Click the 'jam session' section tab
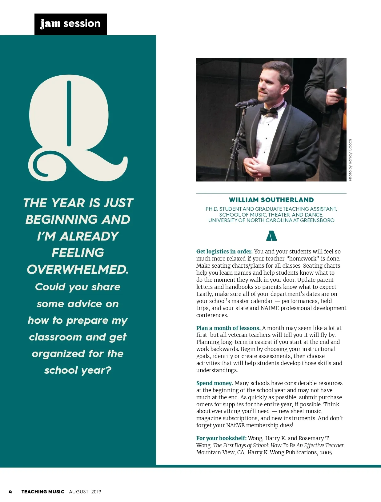[70, 24]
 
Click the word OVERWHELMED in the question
[78, 269]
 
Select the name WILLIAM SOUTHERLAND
[271, 200]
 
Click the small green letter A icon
[271, 236]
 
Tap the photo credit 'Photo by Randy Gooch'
[350, 160]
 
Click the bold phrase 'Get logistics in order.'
[224, 252]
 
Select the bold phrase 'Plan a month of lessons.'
[228, 328]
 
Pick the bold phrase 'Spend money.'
[215, 383]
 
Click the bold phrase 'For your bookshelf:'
[221, 438]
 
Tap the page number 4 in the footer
[10, 492]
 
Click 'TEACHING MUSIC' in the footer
[43, 492]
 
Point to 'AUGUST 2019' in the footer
[85, 492]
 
